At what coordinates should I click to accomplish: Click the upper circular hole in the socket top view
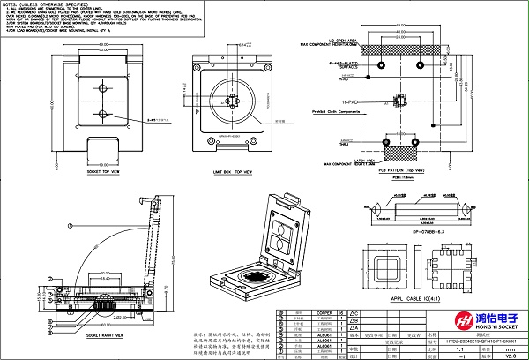click(x=103, y=92)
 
